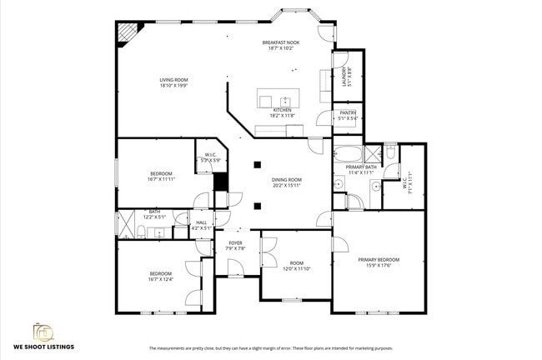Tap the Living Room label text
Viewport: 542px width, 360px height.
tap(174, 80)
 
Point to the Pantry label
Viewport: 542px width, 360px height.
tap(348, 113)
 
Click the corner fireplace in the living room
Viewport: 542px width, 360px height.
tap(128, 32)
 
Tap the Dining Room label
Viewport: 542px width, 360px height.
tap(286, 180)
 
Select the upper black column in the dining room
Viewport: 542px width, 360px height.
tap(258, 164)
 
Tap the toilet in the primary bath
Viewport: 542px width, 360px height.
tap(390, 152)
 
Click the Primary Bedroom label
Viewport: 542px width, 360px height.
tap(379, 260)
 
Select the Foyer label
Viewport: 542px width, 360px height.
tap(235, 243)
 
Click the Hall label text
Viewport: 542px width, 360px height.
tap(201, 222)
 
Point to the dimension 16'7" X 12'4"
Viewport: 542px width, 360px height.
tap(161, 279)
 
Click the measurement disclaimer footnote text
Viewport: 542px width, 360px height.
tap(270, 347)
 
